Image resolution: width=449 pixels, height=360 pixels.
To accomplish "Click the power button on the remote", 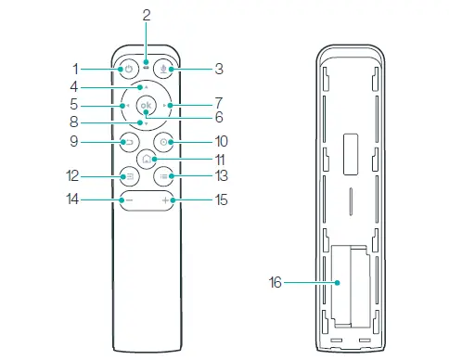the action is (129, 69).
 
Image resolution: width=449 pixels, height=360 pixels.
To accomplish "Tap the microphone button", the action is (163, 69).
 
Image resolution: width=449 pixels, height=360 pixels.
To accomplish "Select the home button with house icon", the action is (147, 159).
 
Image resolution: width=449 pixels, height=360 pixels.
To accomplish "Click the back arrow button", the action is (129, 142).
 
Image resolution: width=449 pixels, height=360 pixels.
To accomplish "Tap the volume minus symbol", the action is (130, 200).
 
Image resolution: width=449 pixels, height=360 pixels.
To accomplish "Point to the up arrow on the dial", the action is (147, 87).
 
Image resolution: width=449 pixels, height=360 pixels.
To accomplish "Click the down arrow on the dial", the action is (147, 123).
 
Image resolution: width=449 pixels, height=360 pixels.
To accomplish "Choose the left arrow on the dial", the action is (128, 106).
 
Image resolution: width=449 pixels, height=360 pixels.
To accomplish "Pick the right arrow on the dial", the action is (164, 106).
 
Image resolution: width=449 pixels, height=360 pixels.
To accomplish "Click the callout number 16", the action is (275, 282).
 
